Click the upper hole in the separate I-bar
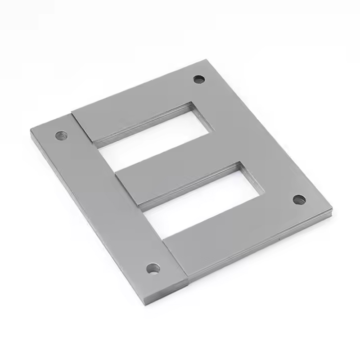[x=61, y=135]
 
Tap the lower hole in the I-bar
[x=153, y=269]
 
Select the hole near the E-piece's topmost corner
[x=199, y=80]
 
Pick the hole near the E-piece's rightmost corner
[x=299, y=199]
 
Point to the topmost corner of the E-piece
[x=207, y=59]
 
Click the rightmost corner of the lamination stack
[x=332, y=209]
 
